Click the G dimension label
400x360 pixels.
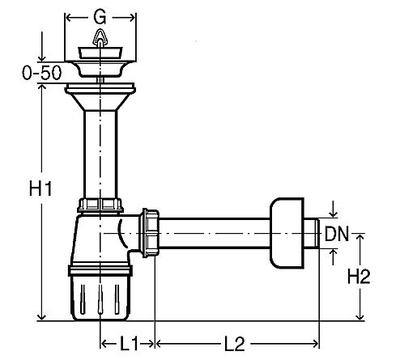(x=100, y=18)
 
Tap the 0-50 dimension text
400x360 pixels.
(x=42, y=73)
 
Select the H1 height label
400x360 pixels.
(x=40, y=188)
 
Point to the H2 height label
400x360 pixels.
(x=359, y=277)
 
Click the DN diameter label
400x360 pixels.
(x=337, y=234)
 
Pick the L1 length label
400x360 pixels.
(x=129, y=344)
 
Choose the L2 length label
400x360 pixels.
(x=235, y=344)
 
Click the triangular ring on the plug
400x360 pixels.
(x=100, y=38)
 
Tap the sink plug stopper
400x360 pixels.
(x=100, y=53)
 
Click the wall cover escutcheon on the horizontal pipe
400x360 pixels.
(x=287, y=233)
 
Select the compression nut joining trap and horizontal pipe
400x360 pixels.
(x=149, y=233)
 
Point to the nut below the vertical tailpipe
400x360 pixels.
(x=100, y=205)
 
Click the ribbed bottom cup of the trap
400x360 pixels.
(x=100, y=297)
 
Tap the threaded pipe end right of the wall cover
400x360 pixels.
(x=312, y=233)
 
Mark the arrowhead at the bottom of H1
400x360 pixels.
(x=41, y=317)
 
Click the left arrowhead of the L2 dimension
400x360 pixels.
(x=160, y=344)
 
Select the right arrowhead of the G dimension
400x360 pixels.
(x=132, y=18)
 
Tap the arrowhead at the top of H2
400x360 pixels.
(x=360, y=237)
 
